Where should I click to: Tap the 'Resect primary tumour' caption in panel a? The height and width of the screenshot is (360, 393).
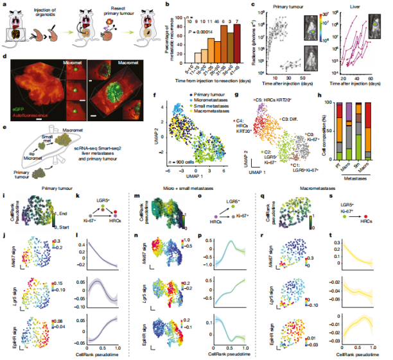click(105, 12)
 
